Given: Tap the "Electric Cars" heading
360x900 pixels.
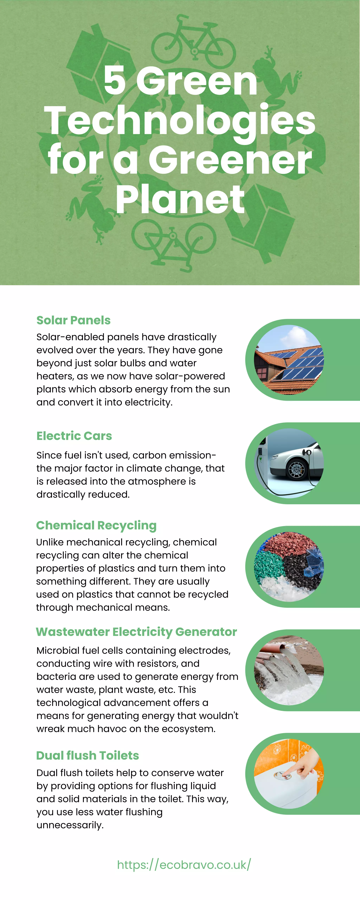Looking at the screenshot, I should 74,436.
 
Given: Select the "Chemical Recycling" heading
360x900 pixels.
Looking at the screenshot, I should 96,525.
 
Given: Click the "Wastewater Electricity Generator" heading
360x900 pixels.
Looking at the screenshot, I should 136,632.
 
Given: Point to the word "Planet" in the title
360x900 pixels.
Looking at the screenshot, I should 180,200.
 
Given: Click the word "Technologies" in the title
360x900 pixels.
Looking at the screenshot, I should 180,121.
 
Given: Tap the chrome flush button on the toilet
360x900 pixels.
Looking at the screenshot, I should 282,776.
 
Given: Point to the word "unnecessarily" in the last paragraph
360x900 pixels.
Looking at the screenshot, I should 70,825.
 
